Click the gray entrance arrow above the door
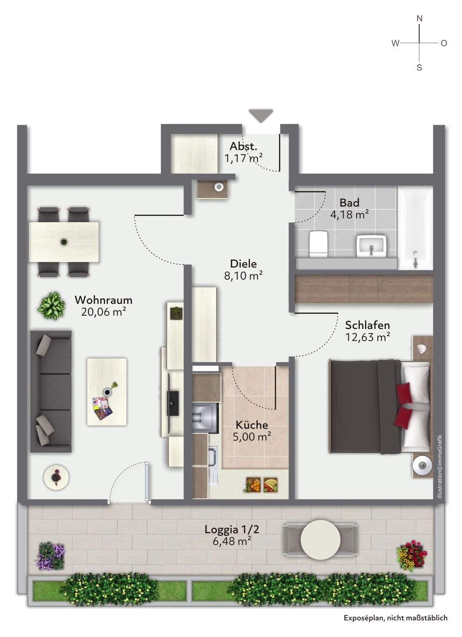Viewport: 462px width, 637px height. (260, 115)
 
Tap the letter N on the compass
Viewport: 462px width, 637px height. (420, 19)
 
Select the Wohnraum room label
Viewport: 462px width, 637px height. (103, 300)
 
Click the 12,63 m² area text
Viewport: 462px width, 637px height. (367, 337)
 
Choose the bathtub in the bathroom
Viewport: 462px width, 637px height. (416, 228)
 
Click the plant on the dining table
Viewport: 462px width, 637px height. (64, 242)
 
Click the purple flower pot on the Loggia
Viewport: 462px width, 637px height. (50, 548)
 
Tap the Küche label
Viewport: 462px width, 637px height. (252, 425)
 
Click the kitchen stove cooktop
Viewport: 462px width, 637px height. (205, 418)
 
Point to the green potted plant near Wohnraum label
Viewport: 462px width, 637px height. (52, 306)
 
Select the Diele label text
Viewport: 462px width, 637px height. (244, 264)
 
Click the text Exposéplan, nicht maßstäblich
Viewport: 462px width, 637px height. (396, 618)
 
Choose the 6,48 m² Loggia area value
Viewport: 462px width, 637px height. (232, 541)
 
